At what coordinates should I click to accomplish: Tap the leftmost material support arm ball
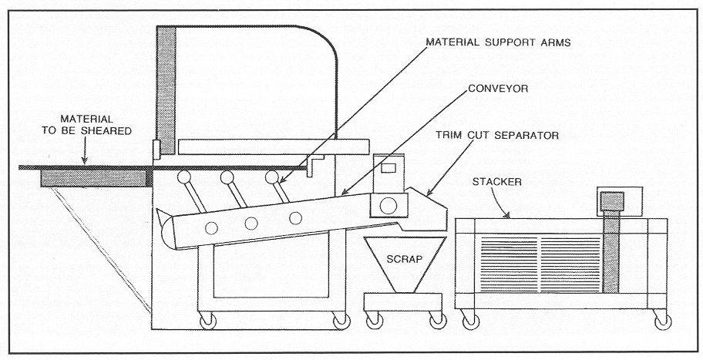point(185,178)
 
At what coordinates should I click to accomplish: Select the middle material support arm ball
point(228,178)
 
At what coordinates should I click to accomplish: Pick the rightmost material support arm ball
point(272,178)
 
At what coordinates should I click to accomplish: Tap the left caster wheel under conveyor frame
point(207,319)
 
